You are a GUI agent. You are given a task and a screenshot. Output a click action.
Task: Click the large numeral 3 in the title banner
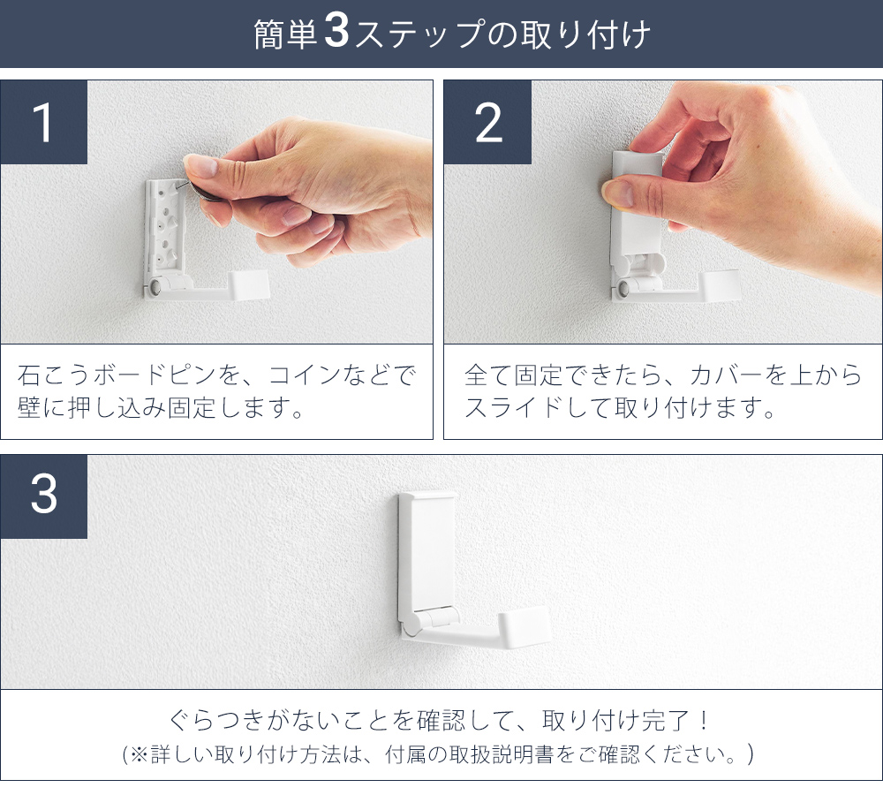[336, 32]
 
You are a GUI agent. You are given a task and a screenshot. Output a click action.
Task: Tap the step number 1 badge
[44, 122]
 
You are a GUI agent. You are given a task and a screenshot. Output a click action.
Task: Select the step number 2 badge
[487, 122]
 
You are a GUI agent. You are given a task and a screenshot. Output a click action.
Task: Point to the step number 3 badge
[44, 496]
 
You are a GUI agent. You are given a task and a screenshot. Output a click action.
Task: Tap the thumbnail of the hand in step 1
[202, 166]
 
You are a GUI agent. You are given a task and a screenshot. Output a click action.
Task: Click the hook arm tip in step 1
[250, 284]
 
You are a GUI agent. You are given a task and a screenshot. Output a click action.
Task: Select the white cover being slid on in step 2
[638, 208]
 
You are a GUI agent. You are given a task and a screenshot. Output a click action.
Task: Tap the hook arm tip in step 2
[720, 285]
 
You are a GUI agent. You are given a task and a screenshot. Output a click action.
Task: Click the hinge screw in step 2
[623, 289]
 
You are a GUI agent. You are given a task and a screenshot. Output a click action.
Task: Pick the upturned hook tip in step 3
[525, 625]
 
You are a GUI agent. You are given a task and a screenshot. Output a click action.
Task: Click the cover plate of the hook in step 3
[428, 549]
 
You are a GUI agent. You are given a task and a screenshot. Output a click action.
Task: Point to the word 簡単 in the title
[285, 34]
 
